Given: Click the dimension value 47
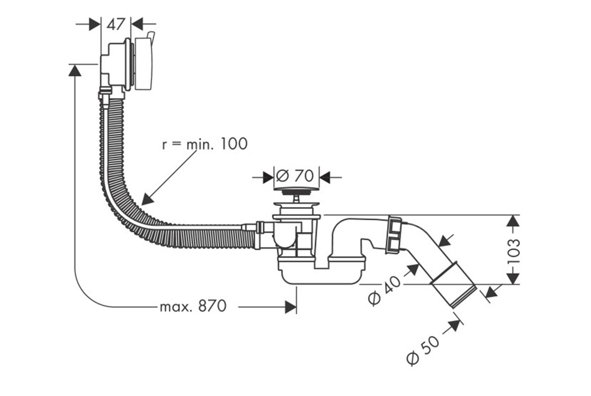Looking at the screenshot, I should [116, 24].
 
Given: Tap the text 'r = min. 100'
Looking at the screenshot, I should [204, 144].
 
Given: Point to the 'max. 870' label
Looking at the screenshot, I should [193, 306].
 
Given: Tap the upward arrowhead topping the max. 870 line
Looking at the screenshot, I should [75, 70].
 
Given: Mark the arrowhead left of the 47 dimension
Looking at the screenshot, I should [95, 24].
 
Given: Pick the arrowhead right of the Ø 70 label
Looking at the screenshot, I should [325, 176].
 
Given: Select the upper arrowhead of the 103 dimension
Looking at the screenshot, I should [512, 221].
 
